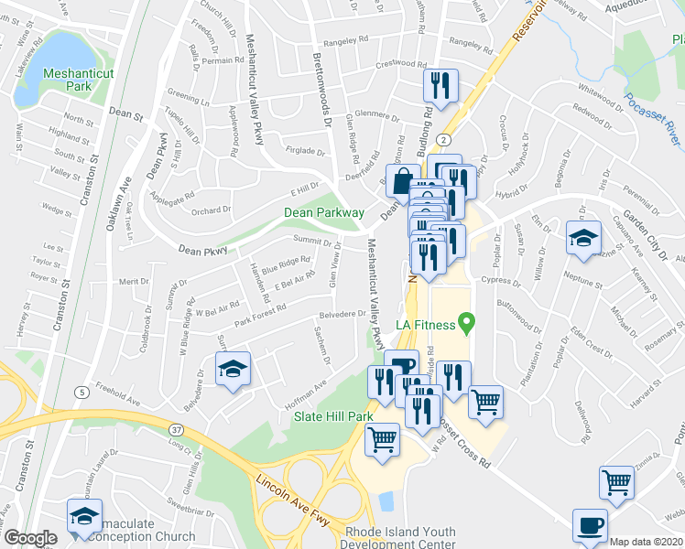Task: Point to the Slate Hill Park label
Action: [333, 415]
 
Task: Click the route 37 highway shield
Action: [177, 427]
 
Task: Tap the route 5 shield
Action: [82, 392]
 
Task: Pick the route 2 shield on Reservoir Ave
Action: [443, 139]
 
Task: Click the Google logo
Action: [30, 538]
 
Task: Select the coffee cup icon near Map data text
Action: [590, 526]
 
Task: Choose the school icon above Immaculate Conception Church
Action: [84, 515]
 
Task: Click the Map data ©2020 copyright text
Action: [647, 542]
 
